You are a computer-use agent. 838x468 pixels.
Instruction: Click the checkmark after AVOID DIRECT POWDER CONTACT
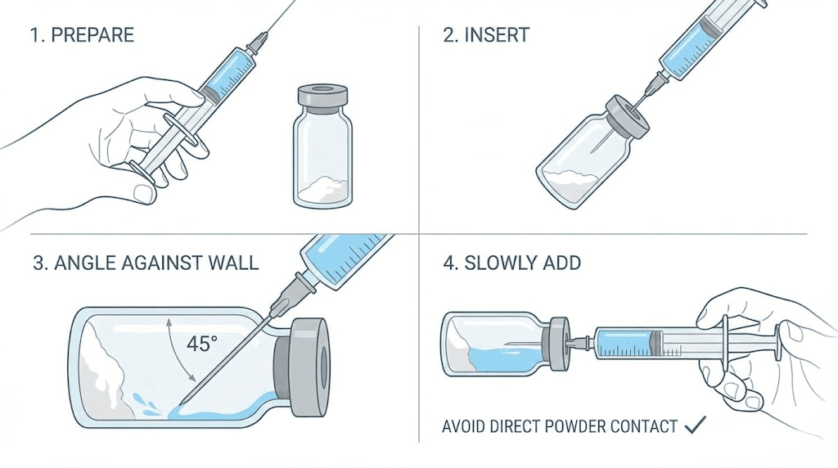click(x=695, y=425)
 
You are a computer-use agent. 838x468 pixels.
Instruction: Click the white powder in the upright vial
click(x=322, y=191)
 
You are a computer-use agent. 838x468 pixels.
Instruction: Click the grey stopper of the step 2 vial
click(x=626, y=115)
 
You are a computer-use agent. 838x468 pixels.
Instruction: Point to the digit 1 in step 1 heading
click(x=36, y=35)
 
